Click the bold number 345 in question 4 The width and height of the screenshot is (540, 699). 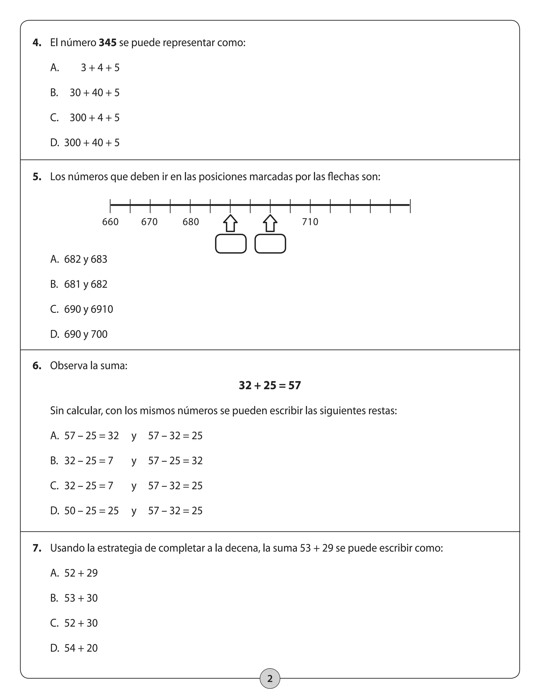tap(108, 42)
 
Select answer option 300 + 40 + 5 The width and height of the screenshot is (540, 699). tap(92, 143)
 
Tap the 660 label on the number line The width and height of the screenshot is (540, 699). tap(110, 222)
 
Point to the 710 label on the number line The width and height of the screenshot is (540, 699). tap(310, 222)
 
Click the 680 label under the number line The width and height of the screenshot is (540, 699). tap(191, 222)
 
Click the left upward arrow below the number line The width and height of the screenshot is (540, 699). tap(230, 223)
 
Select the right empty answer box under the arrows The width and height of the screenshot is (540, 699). tap(270, 244)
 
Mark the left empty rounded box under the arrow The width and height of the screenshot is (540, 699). tap(231, 244)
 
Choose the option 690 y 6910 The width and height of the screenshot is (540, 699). tap(89, 309)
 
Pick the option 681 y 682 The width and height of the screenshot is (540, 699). tap(86, 284)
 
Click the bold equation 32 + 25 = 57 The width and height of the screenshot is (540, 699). tap(270, 385)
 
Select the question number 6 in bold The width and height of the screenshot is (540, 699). tap(37, 366)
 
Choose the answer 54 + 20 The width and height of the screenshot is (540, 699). tap(81, 648)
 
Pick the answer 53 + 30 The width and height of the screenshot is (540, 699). tap(81, 598)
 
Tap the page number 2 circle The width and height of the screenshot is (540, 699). tap(270, 678)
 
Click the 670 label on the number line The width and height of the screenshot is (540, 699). tap(150, 222)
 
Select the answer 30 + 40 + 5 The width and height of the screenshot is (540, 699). tap(94, 93)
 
